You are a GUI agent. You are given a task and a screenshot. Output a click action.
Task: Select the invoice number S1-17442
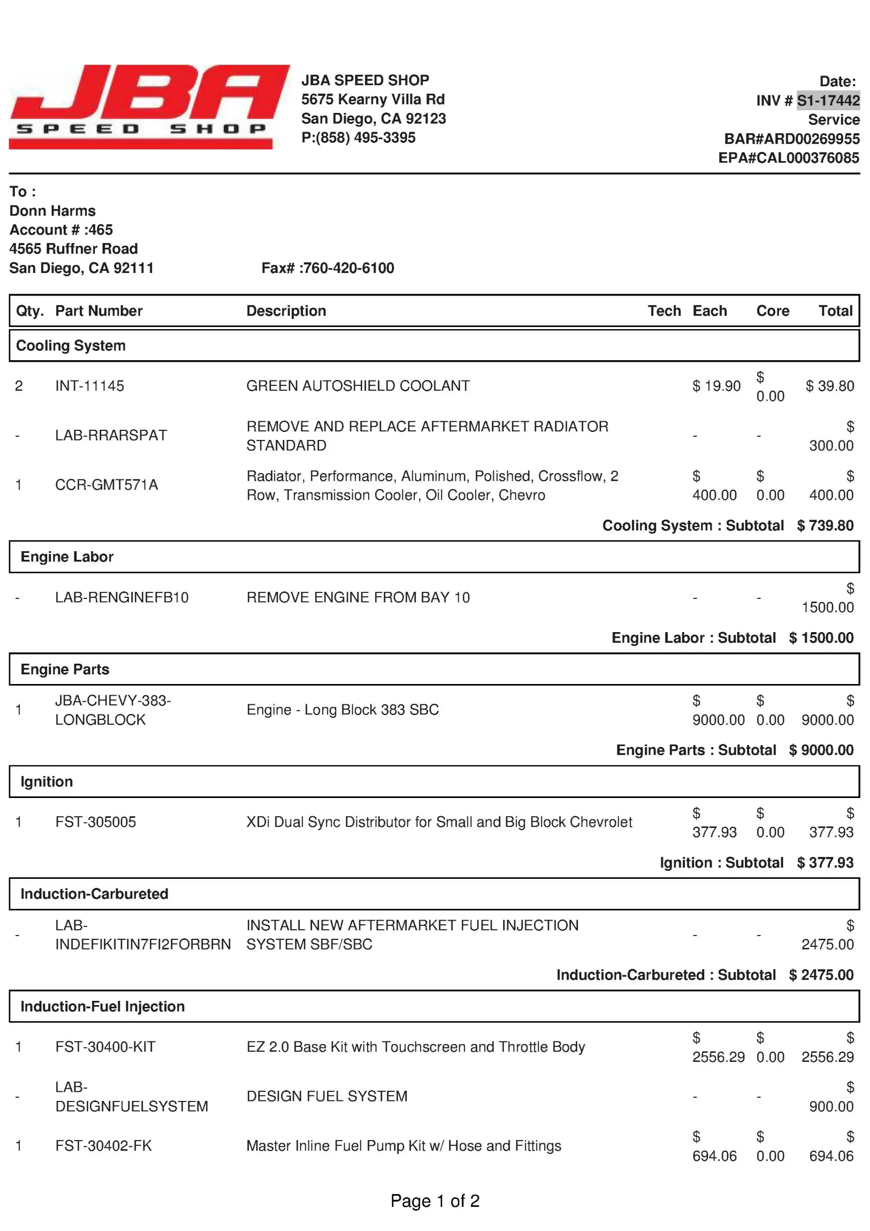click(x=828, y=100)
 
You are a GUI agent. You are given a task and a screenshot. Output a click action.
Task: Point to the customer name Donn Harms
click(x=52, y=211)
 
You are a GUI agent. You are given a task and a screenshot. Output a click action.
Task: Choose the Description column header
click(x=286, y=311)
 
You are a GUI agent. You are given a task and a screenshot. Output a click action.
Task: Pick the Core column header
click(x=772, y=311)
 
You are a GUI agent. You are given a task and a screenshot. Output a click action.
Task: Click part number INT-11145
click(x=89, y=386)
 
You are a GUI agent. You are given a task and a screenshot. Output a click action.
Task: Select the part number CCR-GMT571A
click(x=106, y=485)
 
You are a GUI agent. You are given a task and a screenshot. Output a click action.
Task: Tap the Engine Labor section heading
click(x=67, y=557)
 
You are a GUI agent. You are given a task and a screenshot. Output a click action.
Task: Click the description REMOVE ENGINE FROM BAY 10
click(x=357, y=597)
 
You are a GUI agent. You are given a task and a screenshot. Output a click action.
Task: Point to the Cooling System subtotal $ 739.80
click(x=825, y=526)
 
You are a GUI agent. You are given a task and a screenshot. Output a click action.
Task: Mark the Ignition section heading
click(x=47, y=782)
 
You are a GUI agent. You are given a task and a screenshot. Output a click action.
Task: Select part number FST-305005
click(x=95, y=822)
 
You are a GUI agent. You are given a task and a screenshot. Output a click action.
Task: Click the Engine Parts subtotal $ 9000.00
click(x=821, y=750)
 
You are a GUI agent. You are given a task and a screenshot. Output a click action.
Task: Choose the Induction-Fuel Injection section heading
click(x=102, y=1006)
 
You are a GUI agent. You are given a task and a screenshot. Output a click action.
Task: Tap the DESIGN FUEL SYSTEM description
click(x=326, y=1097)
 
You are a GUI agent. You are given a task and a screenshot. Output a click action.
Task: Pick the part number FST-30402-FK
click(x=103, y=1146)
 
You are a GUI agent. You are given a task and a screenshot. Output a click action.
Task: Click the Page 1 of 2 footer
click(x=434, y=1201)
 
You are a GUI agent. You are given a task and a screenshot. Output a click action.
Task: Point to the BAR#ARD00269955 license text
click(x=791, y=139)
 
